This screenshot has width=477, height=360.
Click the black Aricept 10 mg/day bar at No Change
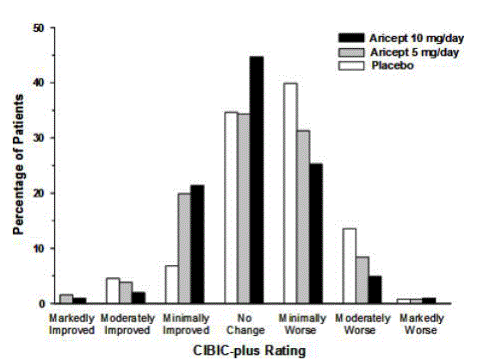point(257,180)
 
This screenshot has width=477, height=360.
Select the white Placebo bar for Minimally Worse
point(291,194)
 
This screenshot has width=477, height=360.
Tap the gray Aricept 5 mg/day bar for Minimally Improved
point(184,248)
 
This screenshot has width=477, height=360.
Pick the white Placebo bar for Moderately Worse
point(349,266)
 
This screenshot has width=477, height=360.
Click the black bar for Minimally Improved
point(198,245)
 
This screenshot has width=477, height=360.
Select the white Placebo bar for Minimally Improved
point(170,285)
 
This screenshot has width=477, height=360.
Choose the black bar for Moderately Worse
point(375,289)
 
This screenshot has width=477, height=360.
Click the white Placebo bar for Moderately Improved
point(112,291)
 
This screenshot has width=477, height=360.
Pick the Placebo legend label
point(388,65)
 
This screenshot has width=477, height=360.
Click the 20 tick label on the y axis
point(37,194)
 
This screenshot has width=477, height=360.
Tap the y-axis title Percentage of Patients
point(18,165)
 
